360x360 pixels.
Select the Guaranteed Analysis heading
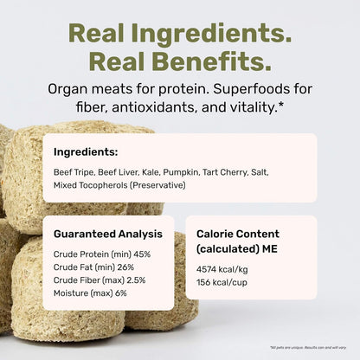(107, 234)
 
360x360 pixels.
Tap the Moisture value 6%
(120, 294)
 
